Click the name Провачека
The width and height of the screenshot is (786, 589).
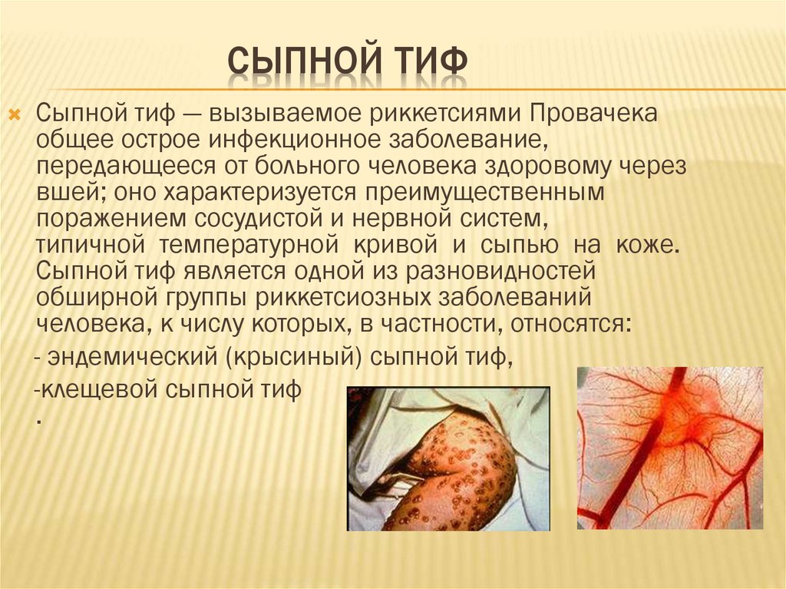pyautogui.click(x=593, y=114)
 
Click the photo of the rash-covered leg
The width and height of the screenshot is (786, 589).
pyautogui.click(x=448, y=458)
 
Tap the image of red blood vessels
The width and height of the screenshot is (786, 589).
pyautogui.click(x=670, y=448)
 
